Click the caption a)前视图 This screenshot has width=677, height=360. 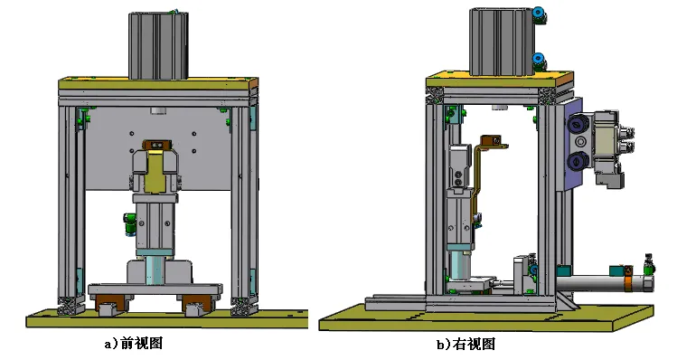[x=134, y=344]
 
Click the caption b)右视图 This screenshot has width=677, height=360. [x=466, y=345]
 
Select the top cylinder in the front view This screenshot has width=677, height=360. [x=159, y=45]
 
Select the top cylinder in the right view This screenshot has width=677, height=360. [x=501, y=42]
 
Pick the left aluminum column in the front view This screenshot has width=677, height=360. [x=67, y=204]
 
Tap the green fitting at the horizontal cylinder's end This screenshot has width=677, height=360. [x=647, y=267]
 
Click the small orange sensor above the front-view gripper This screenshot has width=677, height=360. [x=159, y=144]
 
